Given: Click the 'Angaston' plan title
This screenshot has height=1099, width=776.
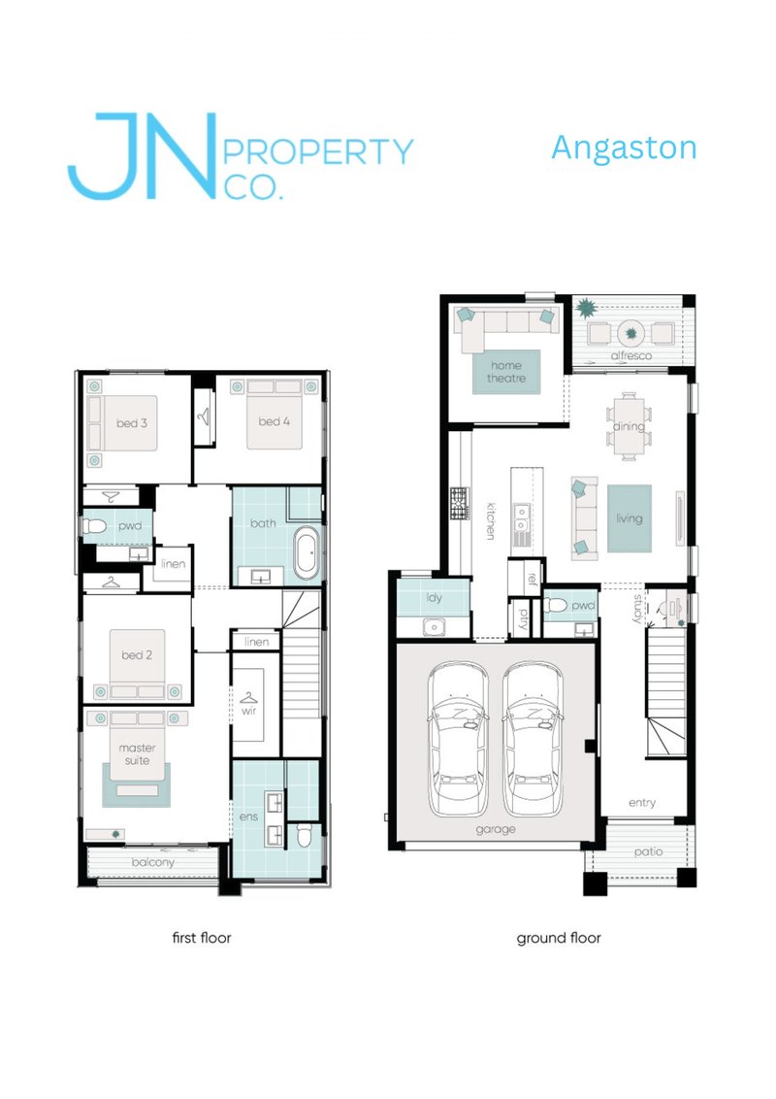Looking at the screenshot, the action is coord(624,149).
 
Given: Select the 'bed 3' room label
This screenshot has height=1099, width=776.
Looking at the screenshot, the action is coord(132,423).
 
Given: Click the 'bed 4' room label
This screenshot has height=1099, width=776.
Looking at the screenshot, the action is coord(274,422).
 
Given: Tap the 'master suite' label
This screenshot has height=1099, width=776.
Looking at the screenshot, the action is coord(138,754).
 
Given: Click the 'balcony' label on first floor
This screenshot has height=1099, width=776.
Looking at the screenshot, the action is coord(152,863).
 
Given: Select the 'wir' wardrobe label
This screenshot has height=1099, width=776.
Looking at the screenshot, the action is coord(248,711).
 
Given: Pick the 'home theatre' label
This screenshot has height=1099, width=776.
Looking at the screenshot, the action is coord(506,372).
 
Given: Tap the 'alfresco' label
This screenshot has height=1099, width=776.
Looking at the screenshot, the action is coord(631,356).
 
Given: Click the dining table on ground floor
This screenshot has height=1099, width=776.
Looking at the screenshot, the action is coord(629,426).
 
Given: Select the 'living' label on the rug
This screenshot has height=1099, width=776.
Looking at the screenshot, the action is coord(629,518).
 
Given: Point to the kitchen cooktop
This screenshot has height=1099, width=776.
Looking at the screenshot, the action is coord(460,504).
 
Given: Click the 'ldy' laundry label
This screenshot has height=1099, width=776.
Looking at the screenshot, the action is coord(435,598).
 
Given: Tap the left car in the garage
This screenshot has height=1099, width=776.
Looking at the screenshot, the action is coord(459,739).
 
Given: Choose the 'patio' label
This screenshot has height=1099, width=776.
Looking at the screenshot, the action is coord(649,852).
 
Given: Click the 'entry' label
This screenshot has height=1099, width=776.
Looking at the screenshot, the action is coord(642,803).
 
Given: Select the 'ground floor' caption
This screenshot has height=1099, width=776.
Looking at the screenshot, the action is coord(559,939).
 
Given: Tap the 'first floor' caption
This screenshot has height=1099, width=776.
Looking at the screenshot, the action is coord(202,938).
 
